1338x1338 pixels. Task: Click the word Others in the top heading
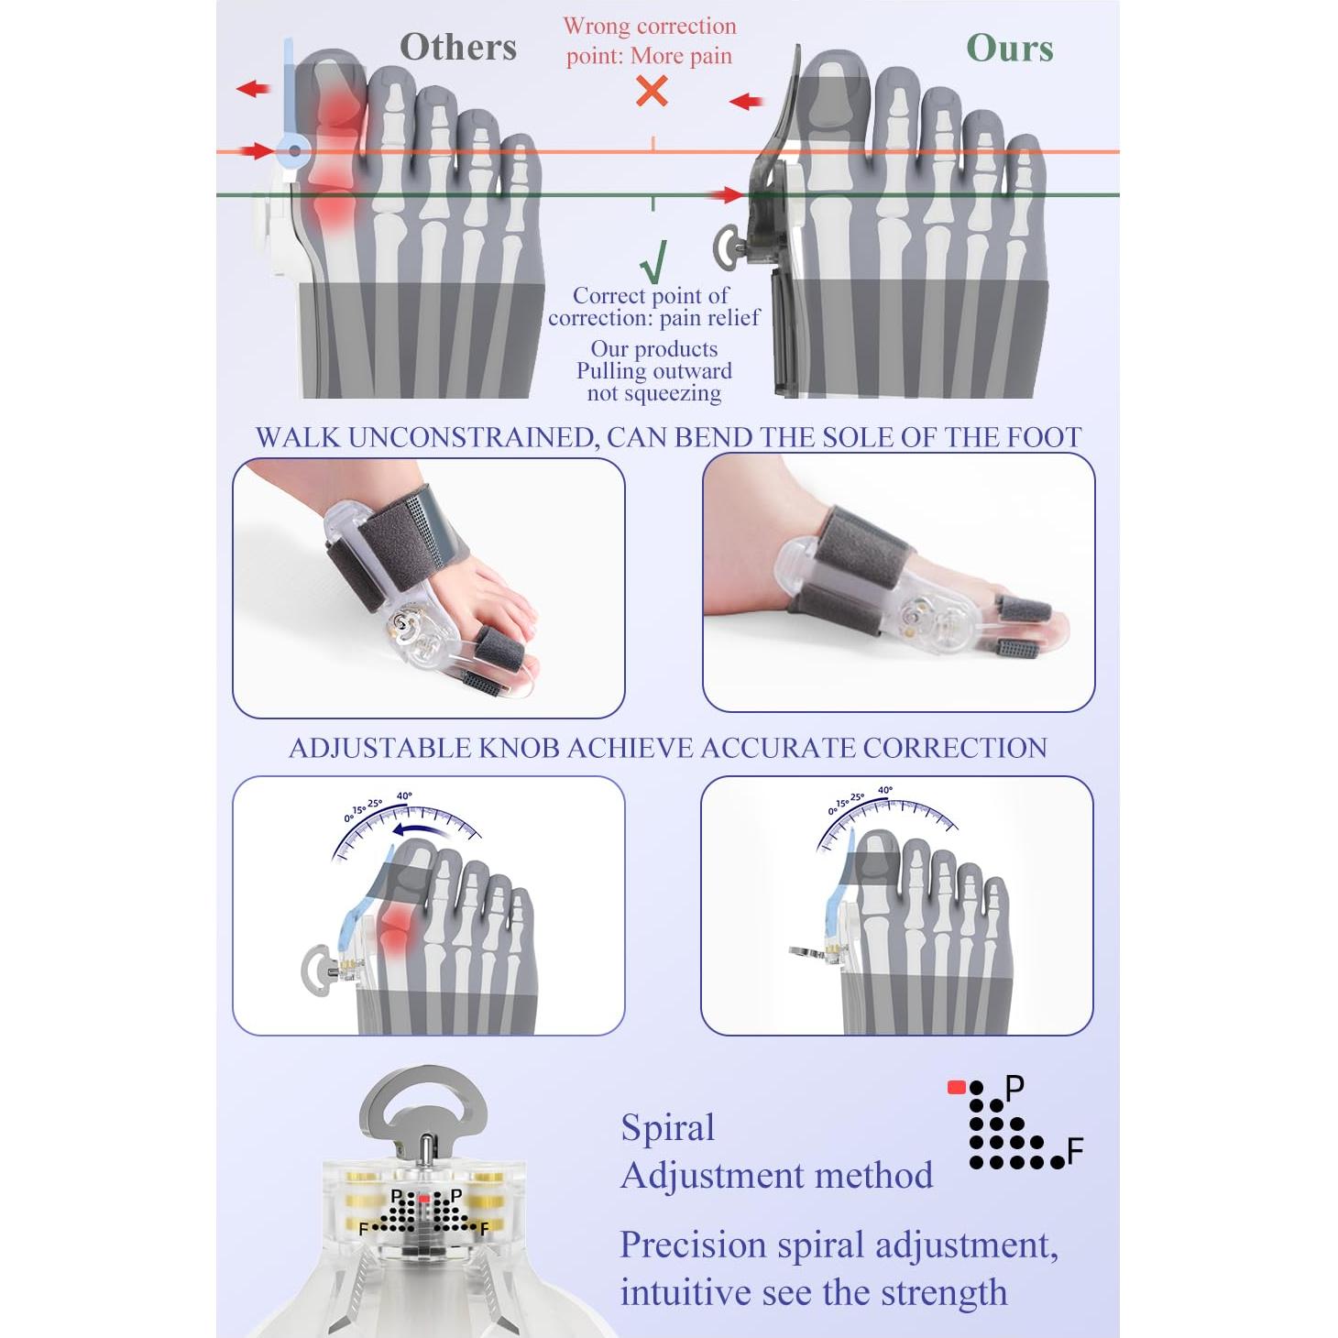point(457,47)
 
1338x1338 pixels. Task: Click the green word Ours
point(1009,49)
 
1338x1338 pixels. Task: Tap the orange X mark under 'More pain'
point(652,92)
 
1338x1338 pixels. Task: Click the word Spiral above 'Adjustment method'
point(667,1127)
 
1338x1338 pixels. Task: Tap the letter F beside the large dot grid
point(1076,1150)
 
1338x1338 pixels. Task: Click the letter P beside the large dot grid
point(1014,1088)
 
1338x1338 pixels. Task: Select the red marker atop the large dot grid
point(956,1088)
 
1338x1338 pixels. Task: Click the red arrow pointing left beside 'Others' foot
point(253,89)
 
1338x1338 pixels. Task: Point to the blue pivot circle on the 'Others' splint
point(294,151)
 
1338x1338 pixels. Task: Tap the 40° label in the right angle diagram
point(884,790)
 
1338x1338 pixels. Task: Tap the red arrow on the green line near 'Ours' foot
point(730,194)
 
